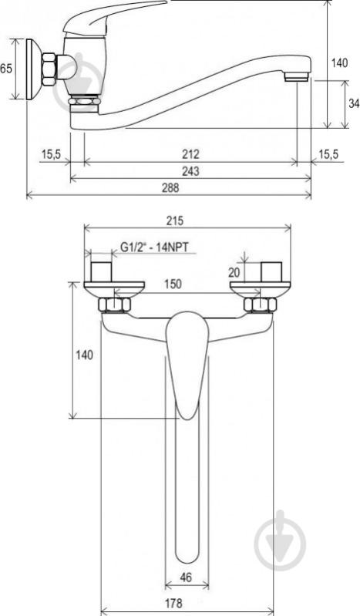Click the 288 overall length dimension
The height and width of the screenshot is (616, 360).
pos(170,188)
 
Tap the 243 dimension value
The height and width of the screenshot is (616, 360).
pos(190,171)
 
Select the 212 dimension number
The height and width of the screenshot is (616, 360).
pos(190,154)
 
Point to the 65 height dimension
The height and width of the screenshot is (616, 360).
pos(6,69)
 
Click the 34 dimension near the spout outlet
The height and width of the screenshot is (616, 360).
pos(354,103)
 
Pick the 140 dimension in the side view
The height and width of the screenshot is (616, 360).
pos(339,62)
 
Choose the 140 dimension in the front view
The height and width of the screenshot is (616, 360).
pos(85,355)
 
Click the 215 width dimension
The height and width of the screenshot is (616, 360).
pos(174,220)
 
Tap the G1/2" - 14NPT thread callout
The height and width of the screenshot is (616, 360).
pos(154,247)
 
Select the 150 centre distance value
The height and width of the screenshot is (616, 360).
pos(173,284)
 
